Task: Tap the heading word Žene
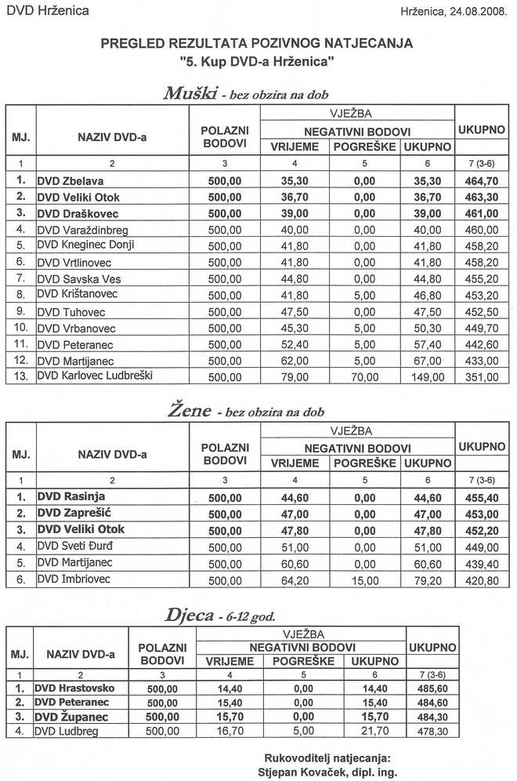190,410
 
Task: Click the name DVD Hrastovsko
75,687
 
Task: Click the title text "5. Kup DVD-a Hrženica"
258,60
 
